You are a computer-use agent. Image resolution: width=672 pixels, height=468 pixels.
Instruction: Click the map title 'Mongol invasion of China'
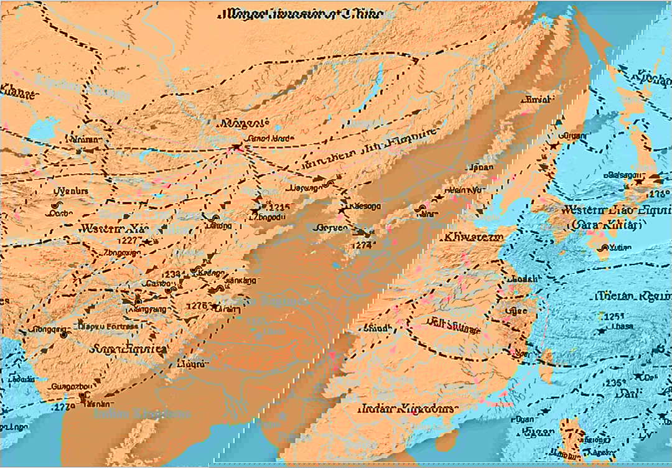pyautogui.click(x=300, y=13)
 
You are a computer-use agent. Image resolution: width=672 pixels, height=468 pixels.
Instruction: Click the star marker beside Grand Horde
pyautogui.click(x=236, y=148)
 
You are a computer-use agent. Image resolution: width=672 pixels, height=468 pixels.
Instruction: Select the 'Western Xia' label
pyautogui.click(x=109, y=228)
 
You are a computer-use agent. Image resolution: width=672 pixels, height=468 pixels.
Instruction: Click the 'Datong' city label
pyautogui.click(x=218, y=227)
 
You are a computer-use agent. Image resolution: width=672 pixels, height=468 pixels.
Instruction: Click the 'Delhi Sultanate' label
pyautogui.click(x=454, y=323)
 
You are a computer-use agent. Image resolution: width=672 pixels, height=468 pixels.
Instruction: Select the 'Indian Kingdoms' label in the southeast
pyautogui.click(x=407, y=409)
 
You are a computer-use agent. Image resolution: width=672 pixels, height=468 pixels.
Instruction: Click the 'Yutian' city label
pyautogui.click(x=620, y=248)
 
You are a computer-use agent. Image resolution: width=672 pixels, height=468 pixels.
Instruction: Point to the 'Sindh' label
pyautogui.click(x=380, y=328)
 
